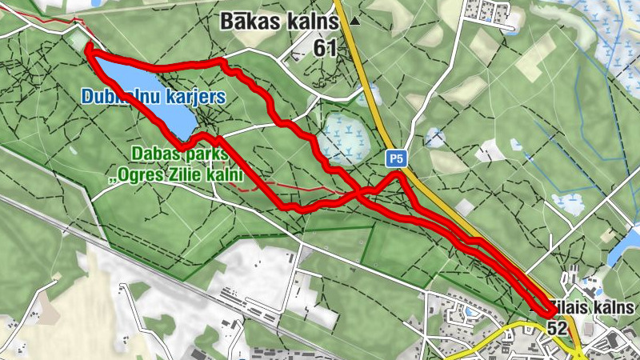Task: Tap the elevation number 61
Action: [x=325, y=48]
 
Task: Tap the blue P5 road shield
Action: [x=395, y=158]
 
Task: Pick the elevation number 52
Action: [x=558, y=328]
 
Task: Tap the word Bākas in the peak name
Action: [x=247, y=22]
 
